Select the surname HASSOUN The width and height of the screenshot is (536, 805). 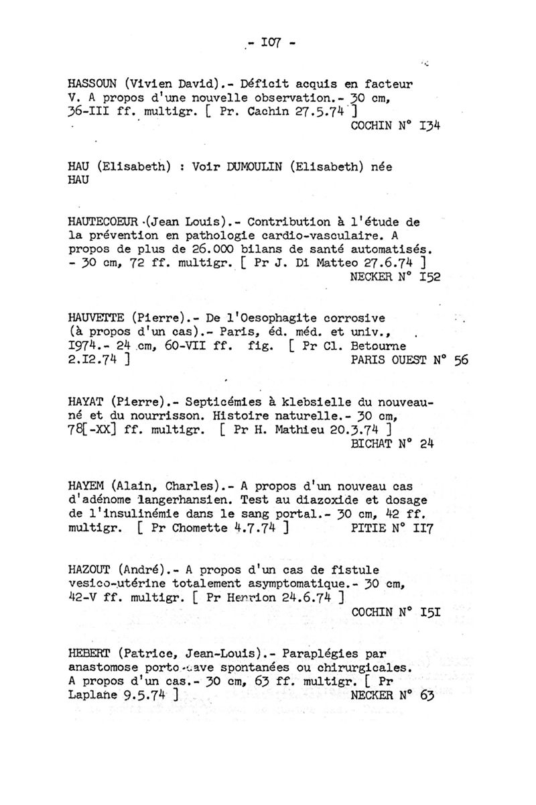tap(93, 85)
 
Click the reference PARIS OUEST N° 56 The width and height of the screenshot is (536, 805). tap(409, 360)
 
